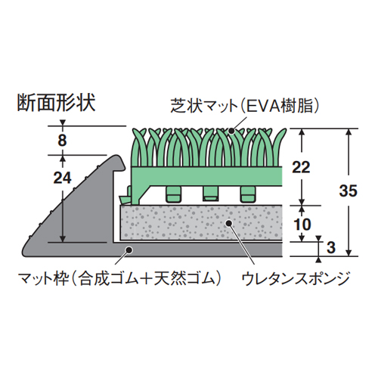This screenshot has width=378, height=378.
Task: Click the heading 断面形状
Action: click(56, 103)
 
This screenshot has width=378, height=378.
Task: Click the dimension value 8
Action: click(62, 140)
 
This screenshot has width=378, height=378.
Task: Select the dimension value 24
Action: click(63, 178)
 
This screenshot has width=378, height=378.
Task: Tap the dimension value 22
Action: click(301, 167)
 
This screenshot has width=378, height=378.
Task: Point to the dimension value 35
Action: click(349, 191)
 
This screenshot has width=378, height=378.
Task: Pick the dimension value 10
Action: click(302, 224)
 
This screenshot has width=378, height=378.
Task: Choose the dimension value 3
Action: click(331, 247)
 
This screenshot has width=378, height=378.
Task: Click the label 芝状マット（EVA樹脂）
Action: click(245, 106)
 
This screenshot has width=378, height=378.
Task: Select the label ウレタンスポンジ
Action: click(296, 279)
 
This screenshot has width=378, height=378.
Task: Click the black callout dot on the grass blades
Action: click(231, 131)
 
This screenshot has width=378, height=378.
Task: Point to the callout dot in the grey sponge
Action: click(228, 223)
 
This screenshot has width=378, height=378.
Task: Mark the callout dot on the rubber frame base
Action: click(129, 249)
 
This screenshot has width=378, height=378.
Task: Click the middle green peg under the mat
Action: click(211, 194)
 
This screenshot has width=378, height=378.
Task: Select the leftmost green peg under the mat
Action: click(173, 194)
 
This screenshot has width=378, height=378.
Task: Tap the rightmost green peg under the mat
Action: click(249, 194)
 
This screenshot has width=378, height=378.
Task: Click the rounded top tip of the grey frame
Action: click(118, 156)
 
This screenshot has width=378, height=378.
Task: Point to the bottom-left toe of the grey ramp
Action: click(23, 253)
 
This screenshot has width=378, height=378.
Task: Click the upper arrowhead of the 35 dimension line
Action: click(349, 132)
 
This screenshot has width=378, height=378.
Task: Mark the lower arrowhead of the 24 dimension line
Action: click(63, 240)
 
